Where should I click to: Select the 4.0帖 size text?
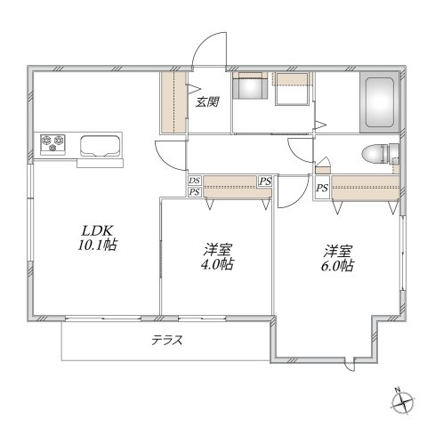[x=214, y=264]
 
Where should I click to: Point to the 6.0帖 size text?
[x=338, y=264]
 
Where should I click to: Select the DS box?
[x=194, y=181]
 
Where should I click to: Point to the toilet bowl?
[x=373, y=153]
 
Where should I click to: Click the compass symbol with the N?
[x=403, y=401]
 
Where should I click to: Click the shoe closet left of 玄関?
[x=173, y=103]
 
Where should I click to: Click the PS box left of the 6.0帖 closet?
[x=321, y=188]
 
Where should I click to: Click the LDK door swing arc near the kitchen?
[x=169, y=151]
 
